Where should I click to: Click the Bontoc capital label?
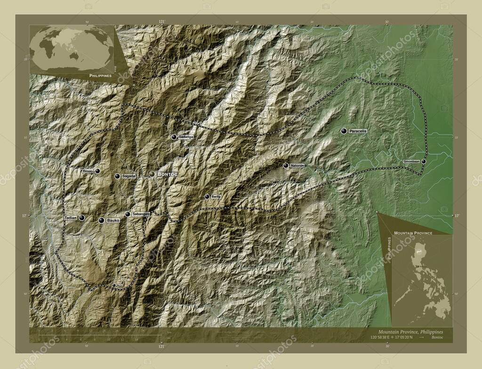pyautogui.click(x=168, y=174)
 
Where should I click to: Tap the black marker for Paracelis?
pyautogui.click(x=344, y=131)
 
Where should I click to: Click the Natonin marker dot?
pyautogui.click(x=286, y=165)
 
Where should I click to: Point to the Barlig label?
pyautogui.click(x=216, y=197)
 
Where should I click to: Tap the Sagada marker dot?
pyautogui.click(x=117, y=176)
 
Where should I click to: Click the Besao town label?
pyautogui.click(x=88, y=171)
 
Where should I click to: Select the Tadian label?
pyautogui.click(x=71, y=218)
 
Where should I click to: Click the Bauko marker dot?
pyautogui.click(x=101, y=220)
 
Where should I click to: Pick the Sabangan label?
pyautogui.click(x=141, y=214)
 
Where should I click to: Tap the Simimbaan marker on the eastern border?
pyautogui.click(x=424, y=161)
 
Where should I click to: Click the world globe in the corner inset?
pyautogui.click(x=72, y=49)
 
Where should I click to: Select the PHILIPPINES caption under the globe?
pyautogui.click(x=100, y=75)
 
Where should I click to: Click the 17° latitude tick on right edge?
pyautogui.click(x=456, y=215)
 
